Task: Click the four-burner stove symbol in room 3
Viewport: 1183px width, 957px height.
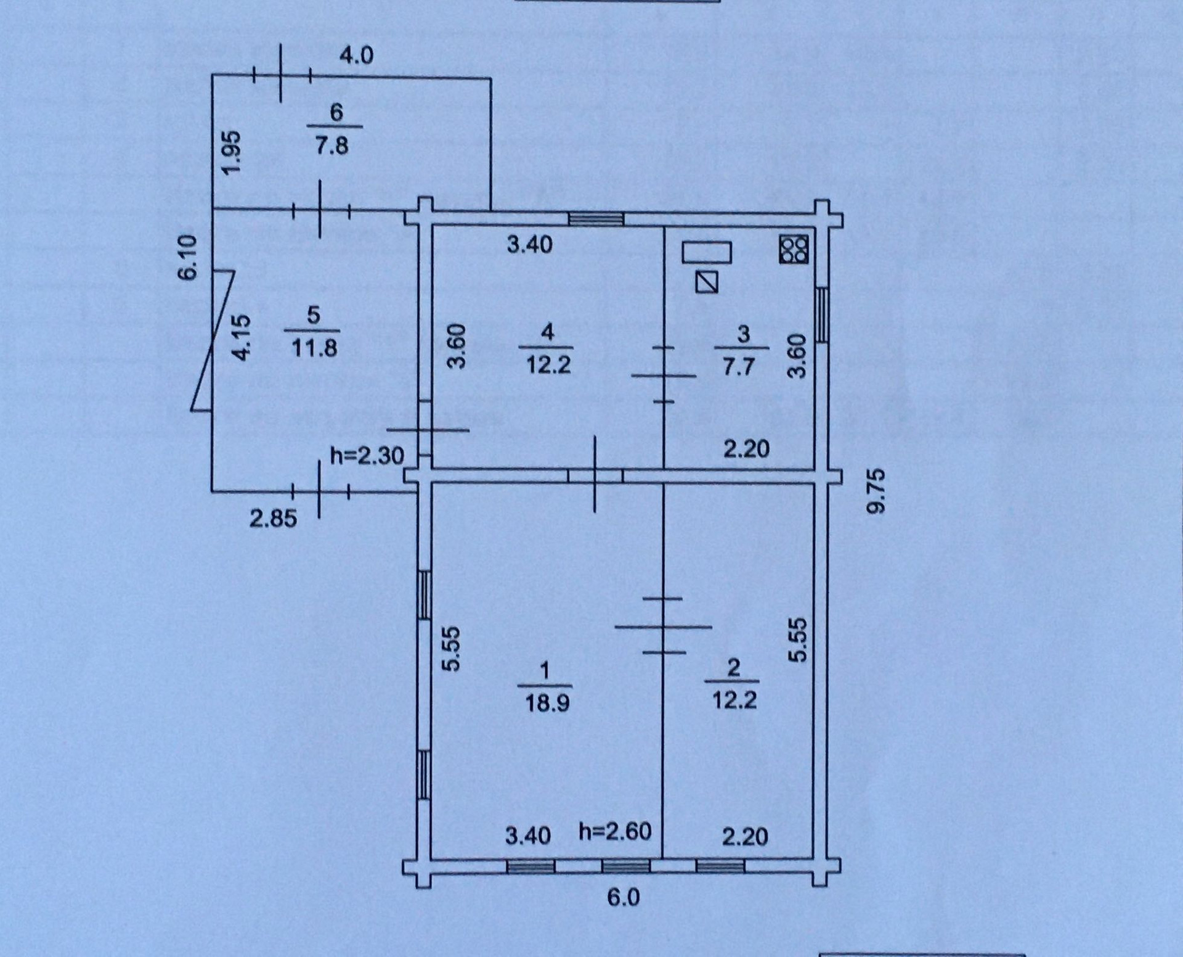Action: (794, 250)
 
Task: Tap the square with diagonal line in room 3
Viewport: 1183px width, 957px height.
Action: (707, 282)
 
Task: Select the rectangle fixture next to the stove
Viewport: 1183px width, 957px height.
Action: (707, 252)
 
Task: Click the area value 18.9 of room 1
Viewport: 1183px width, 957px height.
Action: (547, 702)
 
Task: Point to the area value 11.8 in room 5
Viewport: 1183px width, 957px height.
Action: (314, 348)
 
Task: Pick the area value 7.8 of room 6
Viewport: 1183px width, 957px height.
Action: (332, 146)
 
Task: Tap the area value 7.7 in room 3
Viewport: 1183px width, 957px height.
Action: (738, 367)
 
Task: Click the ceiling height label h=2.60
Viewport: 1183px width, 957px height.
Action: (615, 832)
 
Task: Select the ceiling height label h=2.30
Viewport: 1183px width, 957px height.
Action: (367, 456)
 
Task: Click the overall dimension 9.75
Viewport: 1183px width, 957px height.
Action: (876, 490)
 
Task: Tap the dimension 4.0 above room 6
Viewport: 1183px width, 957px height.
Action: (357, 55)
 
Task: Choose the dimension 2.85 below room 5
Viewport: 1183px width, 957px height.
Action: (273, 518)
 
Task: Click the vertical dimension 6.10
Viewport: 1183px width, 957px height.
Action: (187, 257)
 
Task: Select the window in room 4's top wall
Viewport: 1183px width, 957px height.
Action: (596, 219)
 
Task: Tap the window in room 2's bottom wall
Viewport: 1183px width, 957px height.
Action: (720, 866)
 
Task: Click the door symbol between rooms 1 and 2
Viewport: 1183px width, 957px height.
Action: (663, 626)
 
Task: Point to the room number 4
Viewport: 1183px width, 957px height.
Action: (547, 332)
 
